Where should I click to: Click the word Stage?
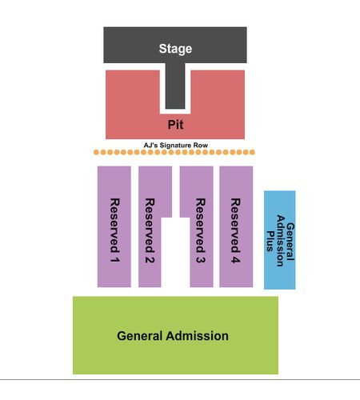[175, 49]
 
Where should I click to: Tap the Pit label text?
[175, 125]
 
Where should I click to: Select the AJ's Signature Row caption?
[176, 146]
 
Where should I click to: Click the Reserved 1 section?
[114, 226]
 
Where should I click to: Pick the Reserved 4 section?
[236, 226]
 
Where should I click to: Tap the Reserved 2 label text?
[150, 230]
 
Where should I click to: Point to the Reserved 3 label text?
[201, 230]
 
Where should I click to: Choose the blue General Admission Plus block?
[280, 240]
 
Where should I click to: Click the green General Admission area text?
[173, 336]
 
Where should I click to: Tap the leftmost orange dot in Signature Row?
[96, 152]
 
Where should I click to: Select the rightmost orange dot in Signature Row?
[252, 152]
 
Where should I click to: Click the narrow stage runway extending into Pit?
[175, 86]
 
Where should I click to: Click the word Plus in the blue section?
[270, 242]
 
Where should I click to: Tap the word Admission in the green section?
[197, 336]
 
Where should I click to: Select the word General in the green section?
[140, 336]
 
